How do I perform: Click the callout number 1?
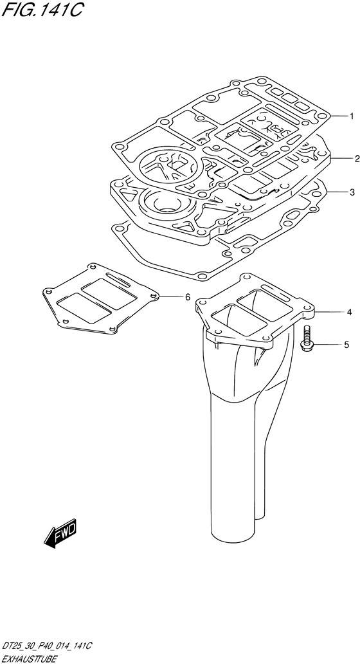(352, 116)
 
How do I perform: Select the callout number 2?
(357, 159)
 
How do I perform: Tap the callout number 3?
(352, 192)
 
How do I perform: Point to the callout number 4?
(349, 313)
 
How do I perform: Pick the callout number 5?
(346, 345)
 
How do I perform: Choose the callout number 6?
(188, 297)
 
